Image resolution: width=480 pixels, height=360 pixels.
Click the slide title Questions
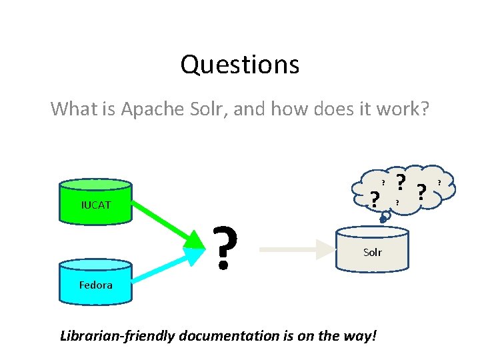click(239, 65)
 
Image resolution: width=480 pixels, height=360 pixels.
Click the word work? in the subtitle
click(404, 108)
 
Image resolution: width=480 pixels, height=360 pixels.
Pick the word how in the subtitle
click(291, 108)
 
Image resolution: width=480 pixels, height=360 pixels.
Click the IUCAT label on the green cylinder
click(96, 205)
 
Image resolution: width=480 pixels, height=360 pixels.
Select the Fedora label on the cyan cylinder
click(96, 285)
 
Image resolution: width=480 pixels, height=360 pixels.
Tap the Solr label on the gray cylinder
click(373, 252)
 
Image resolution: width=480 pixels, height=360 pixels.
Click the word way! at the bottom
click(360, 336)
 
